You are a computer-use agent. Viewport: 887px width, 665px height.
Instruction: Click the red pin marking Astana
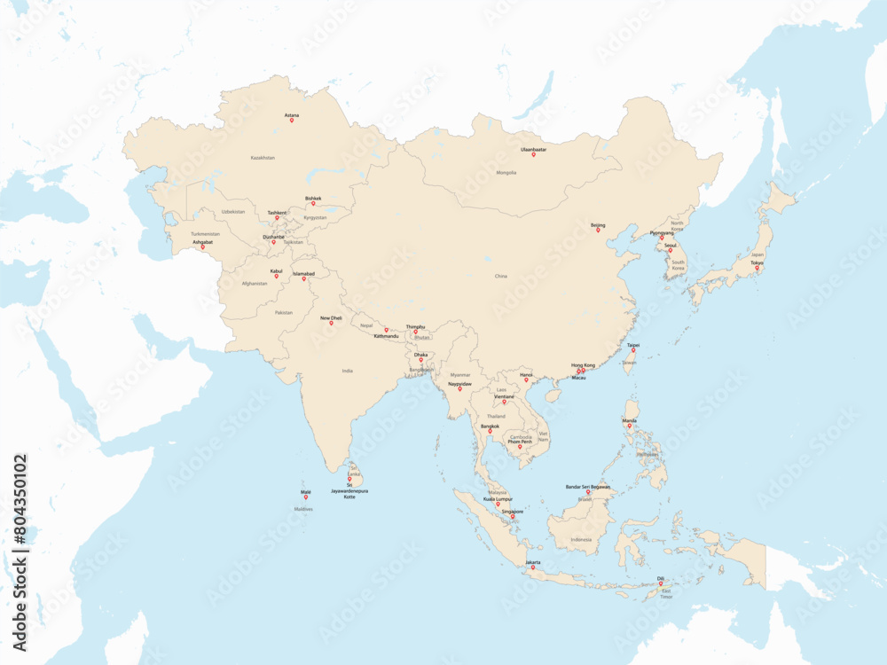click(292, 121)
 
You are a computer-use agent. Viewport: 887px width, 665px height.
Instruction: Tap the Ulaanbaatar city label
click(533, 149)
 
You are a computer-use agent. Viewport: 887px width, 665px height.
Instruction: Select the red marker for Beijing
click(598, 231)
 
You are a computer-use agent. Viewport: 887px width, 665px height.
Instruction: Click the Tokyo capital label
click(757, 262)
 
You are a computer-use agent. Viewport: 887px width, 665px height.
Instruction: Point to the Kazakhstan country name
click(263, 158)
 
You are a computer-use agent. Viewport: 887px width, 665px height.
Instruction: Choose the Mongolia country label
click(506, 173)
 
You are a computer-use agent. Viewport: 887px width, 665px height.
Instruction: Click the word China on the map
click(501, 276)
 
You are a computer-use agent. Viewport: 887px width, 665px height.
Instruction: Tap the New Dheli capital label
click(331, 317)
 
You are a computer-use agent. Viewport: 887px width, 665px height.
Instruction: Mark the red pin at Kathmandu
click(386, 330)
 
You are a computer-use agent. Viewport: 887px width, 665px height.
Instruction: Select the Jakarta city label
click(533, 562)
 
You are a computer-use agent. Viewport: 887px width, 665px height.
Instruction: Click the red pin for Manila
click(630, 426)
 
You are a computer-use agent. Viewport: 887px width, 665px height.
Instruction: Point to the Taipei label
click(633, 345)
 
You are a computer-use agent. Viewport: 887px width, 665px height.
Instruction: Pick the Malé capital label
click(306, 491)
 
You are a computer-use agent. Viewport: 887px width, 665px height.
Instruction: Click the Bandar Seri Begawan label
click(588, 487)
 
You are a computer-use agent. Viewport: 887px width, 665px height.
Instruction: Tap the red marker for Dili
click(661, 583)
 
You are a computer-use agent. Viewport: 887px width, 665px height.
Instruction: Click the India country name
click(348, 371)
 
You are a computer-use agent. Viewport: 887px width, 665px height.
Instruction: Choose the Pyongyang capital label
click(662, 233)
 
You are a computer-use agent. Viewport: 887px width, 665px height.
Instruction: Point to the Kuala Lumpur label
click(498, 499)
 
